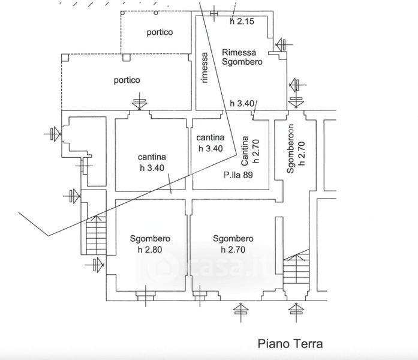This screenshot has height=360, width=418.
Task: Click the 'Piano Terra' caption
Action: (x=290, y=344)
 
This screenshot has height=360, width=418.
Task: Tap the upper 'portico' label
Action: (x=160, y=32)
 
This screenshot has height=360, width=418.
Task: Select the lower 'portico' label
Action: (x=127, y=80)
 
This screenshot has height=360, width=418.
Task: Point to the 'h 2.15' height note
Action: (x=243, y=22)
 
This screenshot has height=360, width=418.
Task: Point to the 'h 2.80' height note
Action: (x=150, y=250)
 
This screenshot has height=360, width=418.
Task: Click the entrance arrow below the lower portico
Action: (x=140, y=103)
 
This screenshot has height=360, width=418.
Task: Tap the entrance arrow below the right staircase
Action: (x=294, y=310)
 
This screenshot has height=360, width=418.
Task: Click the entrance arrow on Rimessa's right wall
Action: (x=280, y=44)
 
